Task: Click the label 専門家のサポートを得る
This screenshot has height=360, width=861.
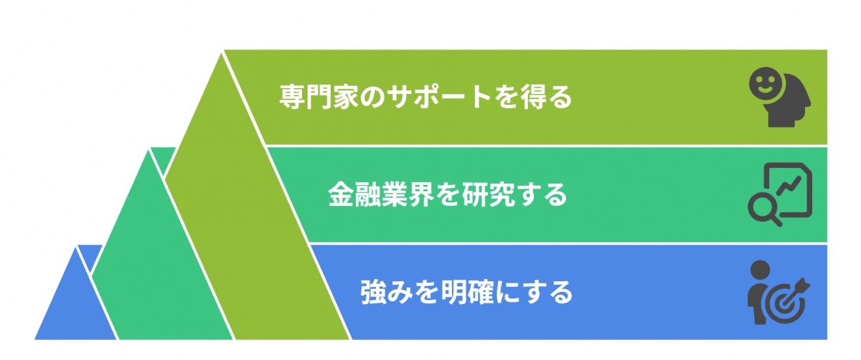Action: click(x=425, y=97)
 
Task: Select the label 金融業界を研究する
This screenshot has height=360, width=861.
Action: click(x=448, y=194)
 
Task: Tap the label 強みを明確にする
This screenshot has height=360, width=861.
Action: click(x=466, y=293)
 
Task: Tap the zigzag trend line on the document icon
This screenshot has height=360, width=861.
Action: click(x=789, y=186)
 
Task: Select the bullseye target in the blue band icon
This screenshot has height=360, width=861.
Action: click(x=784, y=304)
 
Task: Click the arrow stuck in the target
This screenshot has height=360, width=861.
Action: click(x=794, y=293)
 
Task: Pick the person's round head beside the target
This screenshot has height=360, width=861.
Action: click(x=760, y=270)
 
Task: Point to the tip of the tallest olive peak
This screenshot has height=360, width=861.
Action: click(x=222, y=53)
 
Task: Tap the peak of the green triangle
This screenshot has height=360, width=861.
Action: click(x=149, y=150)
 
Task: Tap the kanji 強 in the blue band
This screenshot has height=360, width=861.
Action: click(x=373, y=293)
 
